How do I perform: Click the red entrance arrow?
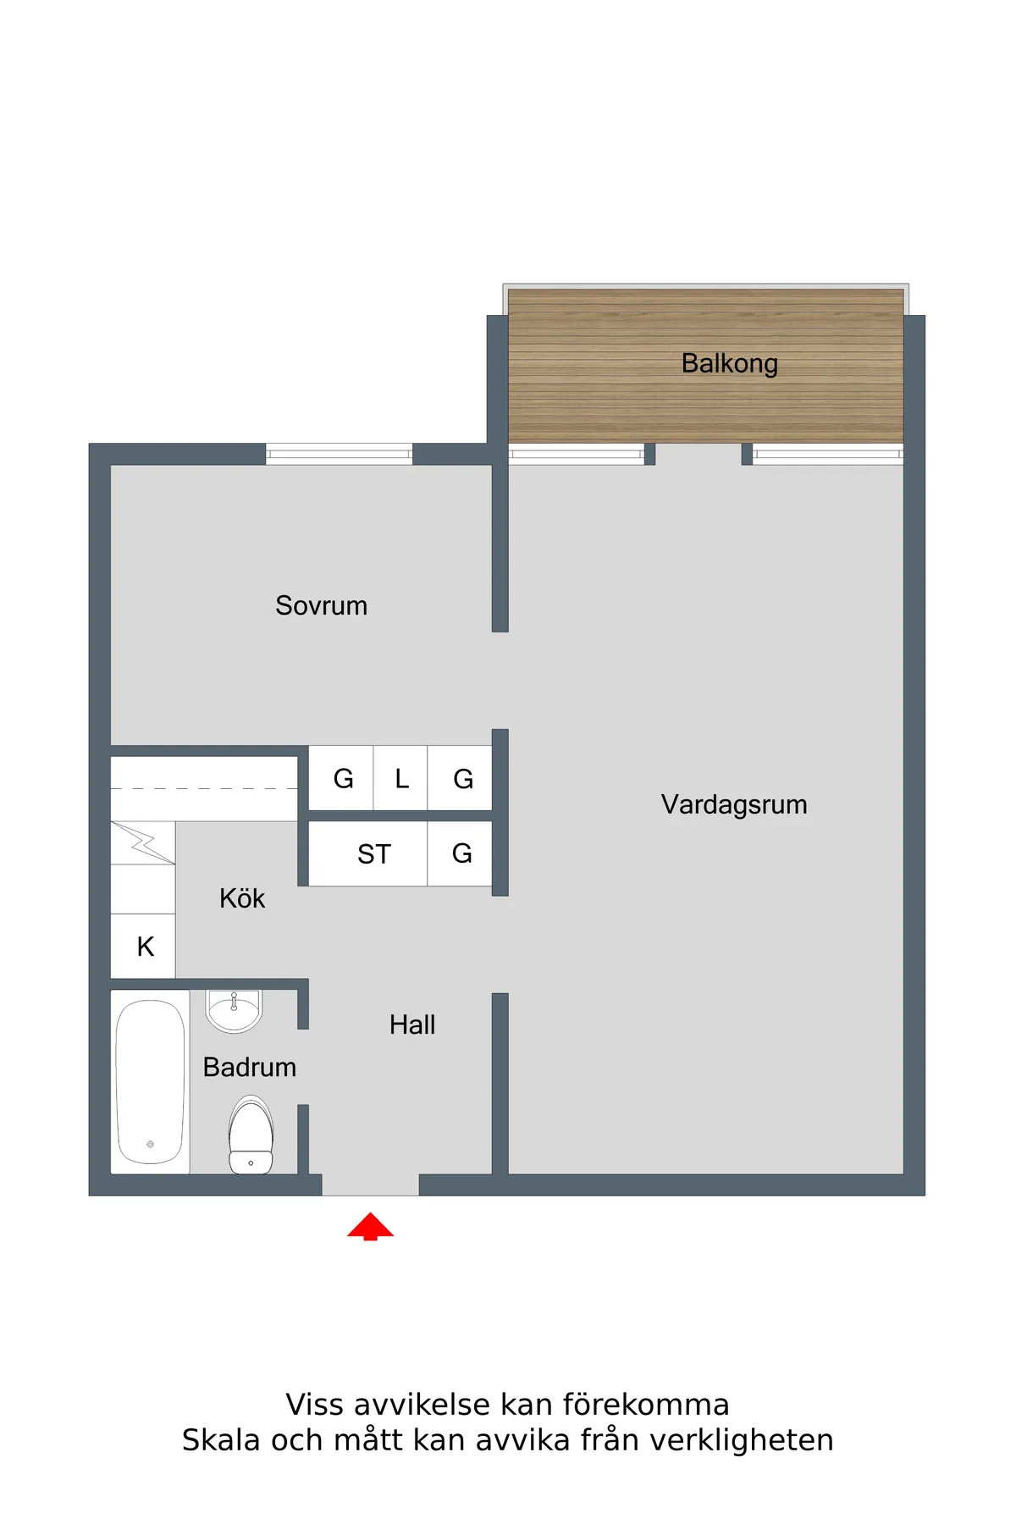pos(370,1226)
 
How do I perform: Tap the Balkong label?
pos(729,363)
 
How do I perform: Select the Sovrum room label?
pos(321,605)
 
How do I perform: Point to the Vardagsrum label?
pos(733,804)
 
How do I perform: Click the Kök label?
pos(242,898)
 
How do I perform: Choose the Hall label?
pos(412,1024)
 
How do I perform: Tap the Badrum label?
pos(250,1067)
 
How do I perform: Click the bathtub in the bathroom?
pos(150,1081)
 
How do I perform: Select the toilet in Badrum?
pos(251,1135)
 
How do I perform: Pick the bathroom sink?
pos(235,1009)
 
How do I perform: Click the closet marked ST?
pos(373,854)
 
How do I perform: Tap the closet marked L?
pos(401,778)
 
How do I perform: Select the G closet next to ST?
pos(461,853)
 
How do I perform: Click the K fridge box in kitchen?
pos(145,947)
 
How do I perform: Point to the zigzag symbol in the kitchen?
pos(142,843)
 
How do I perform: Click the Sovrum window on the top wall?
pos(339,455)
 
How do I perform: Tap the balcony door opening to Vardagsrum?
pos(698,455)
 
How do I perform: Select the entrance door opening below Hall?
pos(370,1184)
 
